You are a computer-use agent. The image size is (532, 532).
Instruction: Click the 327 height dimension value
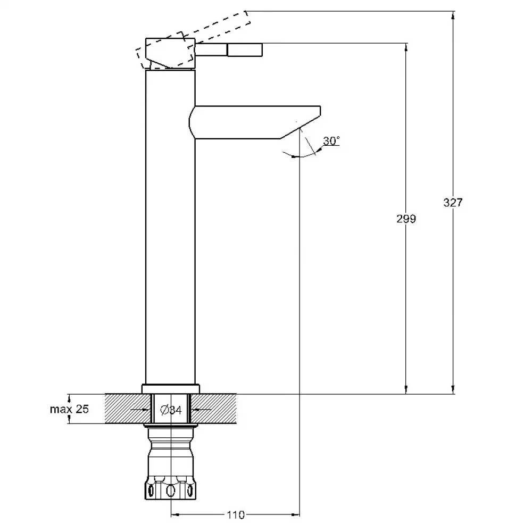[453, 203]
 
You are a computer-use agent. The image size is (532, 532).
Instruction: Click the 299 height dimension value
[406, 219]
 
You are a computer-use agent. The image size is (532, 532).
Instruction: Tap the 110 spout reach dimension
[236, 515]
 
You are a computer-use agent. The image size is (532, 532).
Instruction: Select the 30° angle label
[331, 141]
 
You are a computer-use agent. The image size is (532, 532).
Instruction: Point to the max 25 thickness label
[69, 409]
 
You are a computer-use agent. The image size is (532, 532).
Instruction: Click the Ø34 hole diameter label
[171, 410]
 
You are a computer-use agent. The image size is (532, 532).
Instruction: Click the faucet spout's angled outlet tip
[300, 128]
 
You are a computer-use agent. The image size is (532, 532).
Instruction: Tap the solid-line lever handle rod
[229, 49]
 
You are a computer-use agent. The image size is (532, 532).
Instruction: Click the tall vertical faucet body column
[170, 227]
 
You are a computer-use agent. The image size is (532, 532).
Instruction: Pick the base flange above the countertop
[170, 389]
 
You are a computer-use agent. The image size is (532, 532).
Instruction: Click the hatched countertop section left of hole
[128, 409]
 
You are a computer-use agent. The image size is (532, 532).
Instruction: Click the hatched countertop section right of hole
[213, 409]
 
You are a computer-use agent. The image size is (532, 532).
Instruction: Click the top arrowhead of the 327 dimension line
[453, 15]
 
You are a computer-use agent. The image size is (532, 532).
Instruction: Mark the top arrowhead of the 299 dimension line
[406, 48]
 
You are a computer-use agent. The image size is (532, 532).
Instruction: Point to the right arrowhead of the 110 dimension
[295, 515]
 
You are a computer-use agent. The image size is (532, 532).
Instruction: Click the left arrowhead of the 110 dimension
[175, 515]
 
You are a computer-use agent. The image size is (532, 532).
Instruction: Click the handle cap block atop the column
[170, 53]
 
